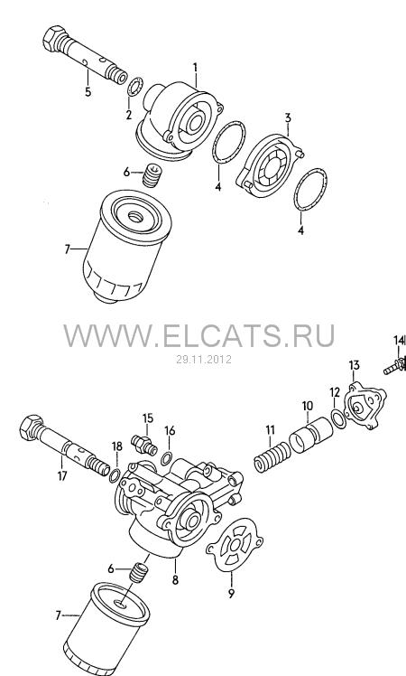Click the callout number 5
click(88, 91)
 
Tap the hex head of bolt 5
click(54, 38)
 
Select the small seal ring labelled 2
click(135, 86)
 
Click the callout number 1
click(195, 68)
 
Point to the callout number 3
click(288, 117)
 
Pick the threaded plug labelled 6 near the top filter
click(152, 175)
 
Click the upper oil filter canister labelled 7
click(127, 246)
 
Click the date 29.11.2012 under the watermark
click(204, 359)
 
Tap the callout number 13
click(354, 366)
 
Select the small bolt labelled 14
click(394, 366)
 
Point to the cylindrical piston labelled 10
click(311, 436)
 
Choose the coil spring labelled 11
click(272, 458)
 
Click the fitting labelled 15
click(143, 444)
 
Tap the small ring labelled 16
click(167, 458)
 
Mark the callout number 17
click(62, 476)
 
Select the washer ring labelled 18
click(115, 474)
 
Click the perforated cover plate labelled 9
click(235, 545)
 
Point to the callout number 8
click(175, 580)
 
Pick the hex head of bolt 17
click(31, 427)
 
